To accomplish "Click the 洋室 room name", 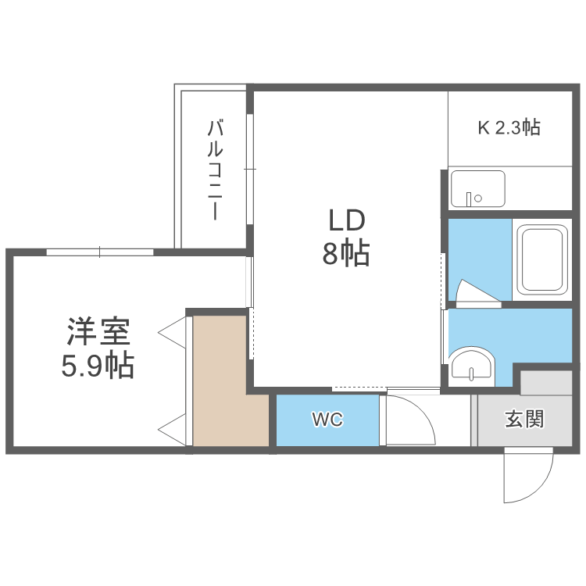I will (x=98, y=333).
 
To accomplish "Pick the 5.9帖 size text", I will (x=98, y=365).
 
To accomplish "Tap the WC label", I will (x=327, y=420).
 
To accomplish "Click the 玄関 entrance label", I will (x=523, y=420).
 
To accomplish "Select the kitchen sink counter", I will (x=477, y=188).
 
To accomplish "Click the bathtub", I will (x=543, y=259).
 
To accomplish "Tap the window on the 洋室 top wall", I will (x=99, y=252).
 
